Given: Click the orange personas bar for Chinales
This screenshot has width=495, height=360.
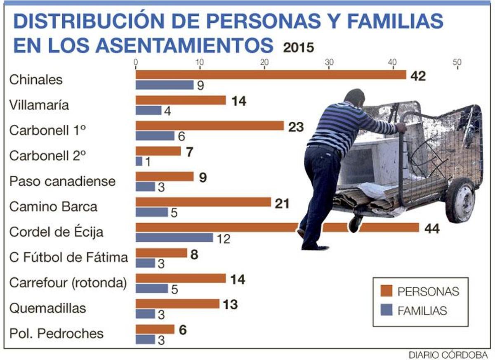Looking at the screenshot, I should coord(270,75).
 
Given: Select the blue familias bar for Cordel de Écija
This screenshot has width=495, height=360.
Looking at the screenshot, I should coord(174,237).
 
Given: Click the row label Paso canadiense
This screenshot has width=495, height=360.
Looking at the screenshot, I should coord(62,181).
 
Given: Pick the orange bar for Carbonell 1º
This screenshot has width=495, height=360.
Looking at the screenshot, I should coord(210,126).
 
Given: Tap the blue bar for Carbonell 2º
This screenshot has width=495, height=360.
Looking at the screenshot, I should coord(139,161).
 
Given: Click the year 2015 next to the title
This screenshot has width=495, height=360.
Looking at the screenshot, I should coord(299,47).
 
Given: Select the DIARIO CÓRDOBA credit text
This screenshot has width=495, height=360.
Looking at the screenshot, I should coord(448,354).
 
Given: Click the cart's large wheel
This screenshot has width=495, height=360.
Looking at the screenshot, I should coord(460,201).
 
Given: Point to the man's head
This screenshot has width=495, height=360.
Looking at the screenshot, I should coord(354,98).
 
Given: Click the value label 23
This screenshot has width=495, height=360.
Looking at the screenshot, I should coord(296,127).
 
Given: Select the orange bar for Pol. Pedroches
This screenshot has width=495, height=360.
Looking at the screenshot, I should coord(155,329).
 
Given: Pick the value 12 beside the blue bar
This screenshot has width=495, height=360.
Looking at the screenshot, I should coord(223,239).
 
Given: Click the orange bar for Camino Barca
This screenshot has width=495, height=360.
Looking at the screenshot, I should coord(203,202).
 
